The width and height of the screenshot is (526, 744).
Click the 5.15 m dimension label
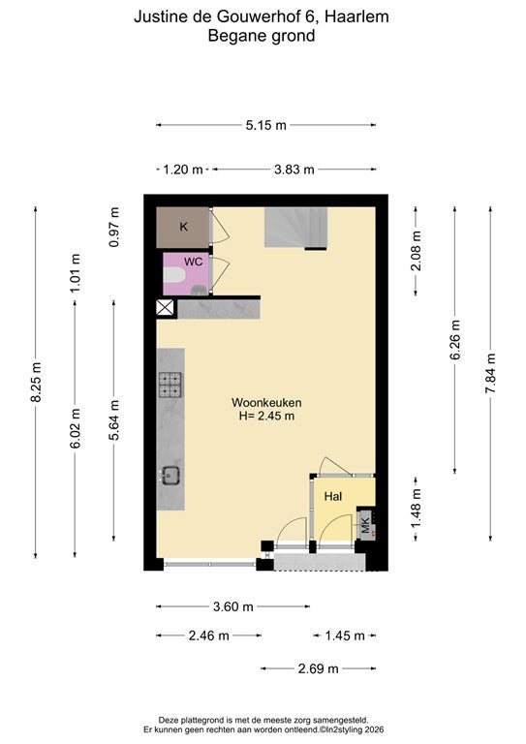(x=265, y=125)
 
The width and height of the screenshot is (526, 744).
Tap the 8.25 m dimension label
(x=36, y=382)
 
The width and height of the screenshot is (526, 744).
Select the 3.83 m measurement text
(x=294, y=170)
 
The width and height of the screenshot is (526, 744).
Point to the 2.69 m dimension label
(x=319, y=668)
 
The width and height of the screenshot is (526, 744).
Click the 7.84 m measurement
(x=490, y=373)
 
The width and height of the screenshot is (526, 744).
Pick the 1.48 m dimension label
(x=416, y=509)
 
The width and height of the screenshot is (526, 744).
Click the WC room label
(x=193, y=262)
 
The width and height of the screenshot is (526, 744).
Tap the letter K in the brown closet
(x=183, y=227)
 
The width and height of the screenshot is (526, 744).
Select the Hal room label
(x=333, y=496)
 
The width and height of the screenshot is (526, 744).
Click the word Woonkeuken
(x=266, y=402)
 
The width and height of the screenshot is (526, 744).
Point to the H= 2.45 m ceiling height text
(x=266, y=417)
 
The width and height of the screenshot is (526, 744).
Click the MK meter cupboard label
(x=365, y=525)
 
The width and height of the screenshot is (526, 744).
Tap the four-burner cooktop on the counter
(x=170, y=385)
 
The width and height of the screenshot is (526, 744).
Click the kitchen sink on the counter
(x=170, y=476)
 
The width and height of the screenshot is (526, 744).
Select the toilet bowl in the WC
(x=174, y=276)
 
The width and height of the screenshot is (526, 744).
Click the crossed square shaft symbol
(x=165, y=308)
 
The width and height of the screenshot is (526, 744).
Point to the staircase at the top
(x=296, y=228)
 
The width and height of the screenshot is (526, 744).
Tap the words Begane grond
(x=262, y=36)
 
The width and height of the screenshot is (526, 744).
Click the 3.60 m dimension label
(x=232, y=606)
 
